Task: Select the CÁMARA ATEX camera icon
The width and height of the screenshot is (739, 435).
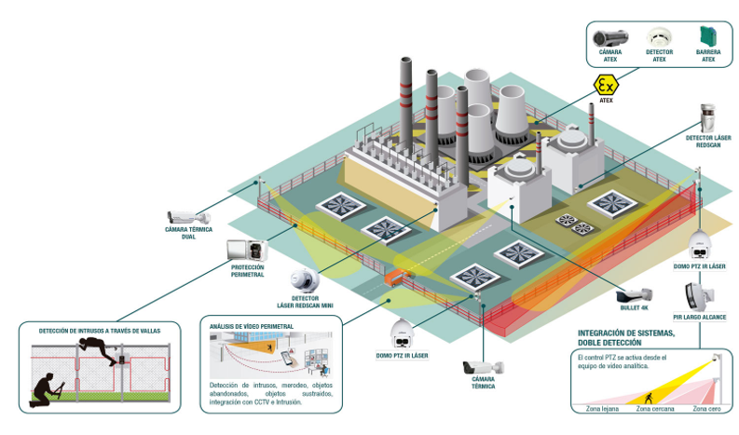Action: click(x=610, y=37)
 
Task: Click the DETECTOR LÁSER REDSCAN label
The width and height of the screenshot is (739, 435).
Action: click(x=708, y=142)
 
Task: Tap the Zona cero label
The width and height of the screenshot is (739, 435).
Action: click(x=708, y=408)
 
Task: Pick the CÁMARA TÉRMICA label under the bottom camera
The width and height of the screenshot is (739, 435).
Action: click(x=484, y=383)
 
